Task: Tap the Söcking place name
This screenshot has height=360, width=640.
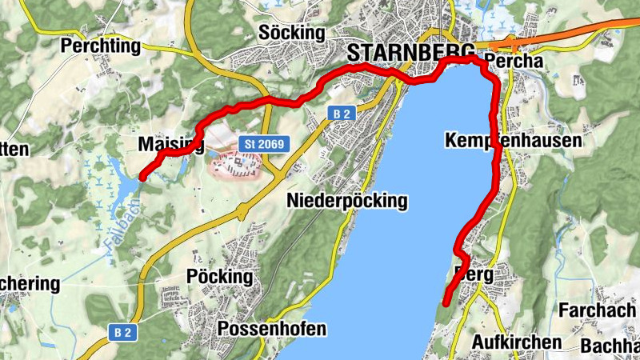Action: pyautogui.click(x=294, y=33)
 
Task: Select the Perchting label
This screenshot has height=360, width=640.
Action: pyautogui.click(x=100, y=46)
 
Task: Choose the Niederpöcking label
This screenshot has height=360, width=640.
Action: pyautogui.click(x=346, y=201)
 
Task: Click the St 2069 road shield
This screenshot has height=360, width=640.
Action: pyautogui.click(x=263, y=143)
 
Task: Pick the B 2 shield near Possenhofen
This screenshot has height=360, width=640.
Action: pyautogui.click(x=120, y=330)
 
